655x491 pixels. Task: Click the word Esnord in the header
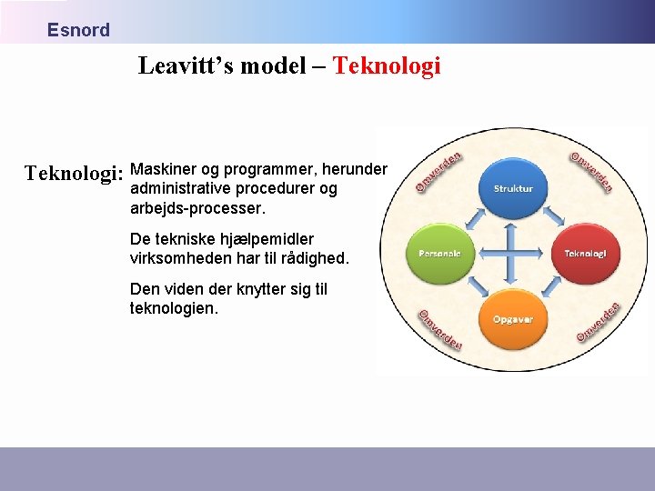(78, 30)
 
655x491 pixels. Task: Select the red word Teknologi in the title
(387, 65)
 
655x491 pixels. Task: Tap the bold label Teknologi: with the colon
(74, 173)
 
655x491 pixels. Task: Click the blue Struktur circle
(513, 188)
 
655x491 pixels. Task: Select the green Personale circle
(439, 253)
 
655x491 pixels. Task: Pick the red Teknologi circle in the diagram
(585, 253)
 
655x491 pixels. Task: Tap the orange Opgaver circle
(513, 319)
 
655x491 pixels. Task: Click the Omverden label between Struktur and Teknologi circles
(591, 171)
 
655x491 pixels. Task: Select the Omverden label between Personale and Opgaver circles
(439, 329)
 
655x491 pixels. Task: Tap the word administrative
(180, 188)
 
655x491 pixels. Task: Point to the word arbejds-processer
(198, 208)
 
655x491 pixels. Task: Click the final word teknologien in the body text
(174, 308)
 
